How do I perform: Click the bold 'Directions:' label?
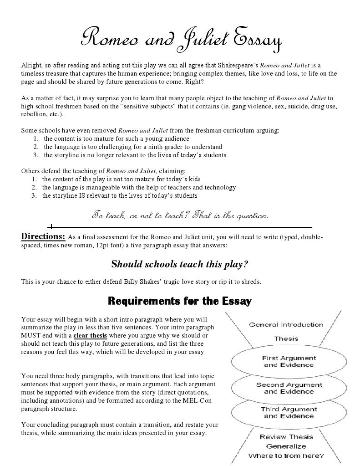click(43, 236)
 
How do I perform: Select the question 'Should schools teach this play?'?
click(180, 264)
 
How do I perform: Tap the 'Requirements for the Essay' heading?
click(179, 301)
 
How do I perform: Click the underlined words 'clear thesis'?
click(90, 336)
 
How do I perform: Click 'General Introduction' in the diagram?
click(286, 325)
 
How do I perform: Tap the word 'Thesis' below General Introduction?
click(286, 338)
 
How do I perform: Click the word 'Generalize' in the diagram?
click(286, 446)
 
